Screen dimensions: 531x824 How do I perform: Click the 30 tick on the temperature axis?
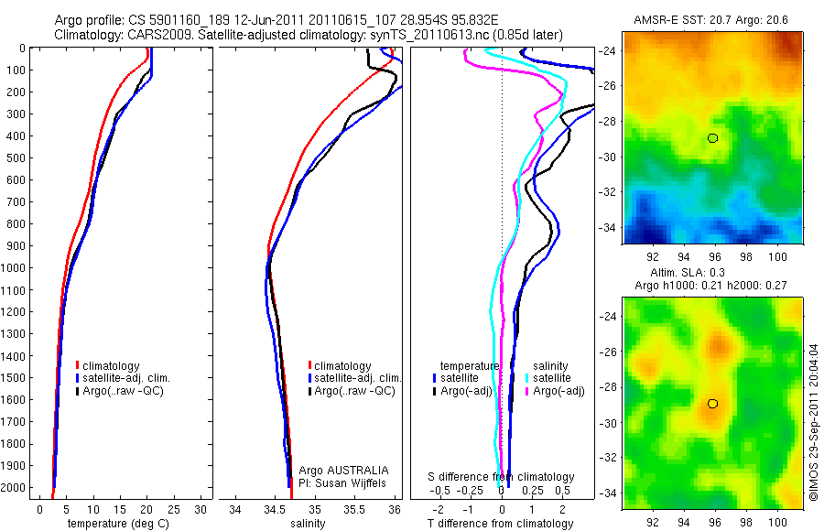[201, 509]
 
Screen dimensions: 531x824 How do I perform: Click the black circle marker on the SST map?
[713, 138]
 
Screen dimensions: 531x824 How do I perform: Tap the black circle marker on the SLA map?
[713, 404]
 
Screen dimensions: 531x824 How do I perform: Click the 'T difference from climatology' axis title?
[502, 524]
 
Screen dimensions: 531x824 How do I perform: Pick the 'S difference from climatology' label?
[502, 477]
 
